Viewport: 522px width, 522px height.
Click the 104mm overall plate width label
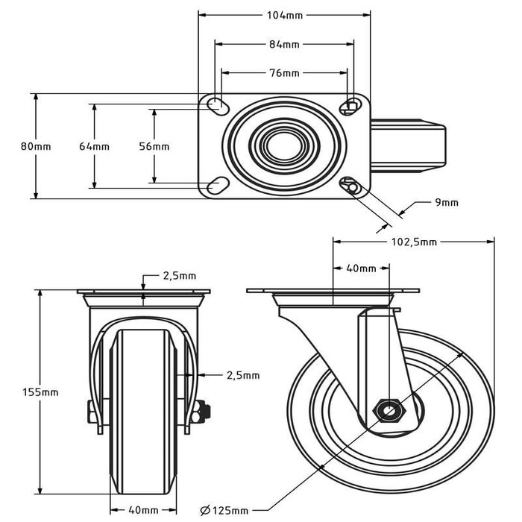click(x=284, y=14)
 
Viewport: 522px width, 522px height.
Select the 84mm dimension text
click(x=284, y=44)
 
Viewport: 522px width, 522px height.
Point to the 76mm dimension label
click(x=284, y=73)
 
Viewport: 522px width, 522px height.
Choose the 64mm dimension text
click(x=94, y=147)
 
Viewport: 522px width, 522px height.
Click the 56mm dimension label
click(x=154, y=147)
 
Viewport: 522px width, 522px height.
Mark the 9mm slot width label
click(x=446, y=202)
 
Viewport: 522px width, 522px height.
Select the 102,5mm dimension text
click(x=414, y=242)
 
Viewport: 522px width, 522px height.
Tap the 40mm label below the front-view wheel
click(x=144, y=510)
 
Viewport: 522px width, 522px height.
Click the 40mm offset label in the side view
click(x=362, y=268)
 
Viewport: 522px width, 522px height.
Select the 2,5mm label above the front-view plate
click(x=180, y=276)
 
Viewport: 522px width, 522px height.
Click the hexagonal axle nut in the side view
click(x=389, y=409)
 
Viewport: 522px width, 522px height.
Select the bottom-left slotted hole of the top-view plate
click(x=218, y=184)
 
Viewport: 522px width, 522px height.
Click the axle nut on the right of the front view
click(x=203, y=412)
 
